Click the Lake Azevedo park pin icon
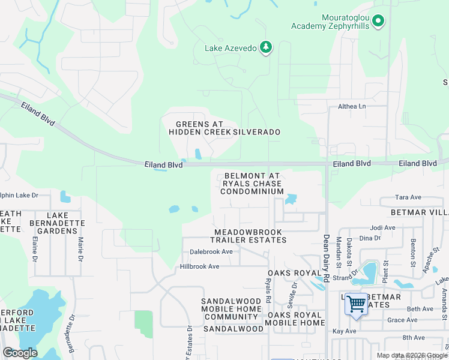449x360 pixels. (x=266, y=47)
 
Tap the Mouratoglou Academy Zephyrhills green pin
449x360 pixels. (x=378, y=22)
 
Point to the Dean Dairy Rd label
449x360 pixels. (x=327, y=259)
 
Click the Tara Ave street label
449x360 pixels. (x=409, y=197)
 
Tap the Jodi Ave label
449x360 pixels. (x=383, y=228)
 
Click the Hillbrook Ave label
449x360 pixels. (x=200, y=266)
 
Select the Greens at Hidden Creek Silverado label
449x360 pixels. (x=224, y=128)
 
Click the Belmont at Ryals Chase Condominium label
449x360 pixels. (x=252, y=184)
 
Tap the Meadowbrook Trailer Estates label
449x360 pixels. (x=250, y=236)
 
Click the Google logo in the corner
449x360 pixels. (x=20, y=353)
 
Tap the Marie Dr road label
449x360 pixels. (x=80, y=247)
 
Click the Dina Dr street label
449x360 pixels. (x=369, y=238)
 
